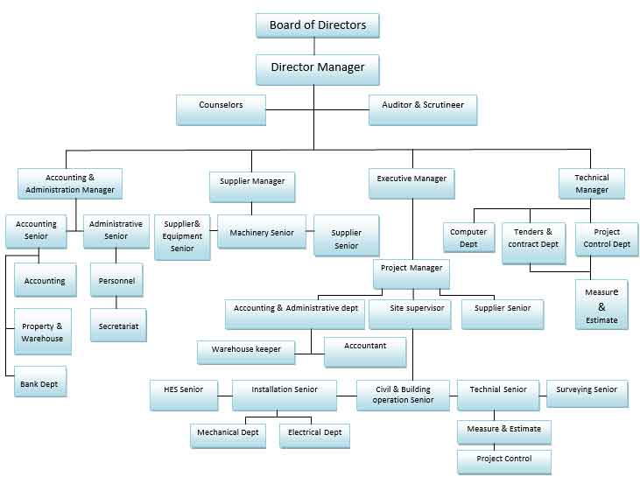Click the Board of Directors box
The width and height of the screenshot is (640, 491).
(x=317, y=25)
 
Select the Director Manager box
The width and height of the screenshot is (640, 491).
(x=317, y=68)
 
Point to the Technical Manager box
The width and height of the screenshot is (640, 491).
(x=592, y=184)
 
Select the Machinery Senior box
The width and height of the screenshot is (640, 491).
(x=262, y=233)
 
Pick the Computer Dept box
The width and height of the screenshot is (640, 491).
(x=468, y=238)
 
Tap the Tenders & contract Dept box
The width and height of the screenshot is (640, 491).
(x=533, y=238)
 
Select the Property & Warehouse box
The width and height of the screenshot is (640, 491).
(x=42, y=333)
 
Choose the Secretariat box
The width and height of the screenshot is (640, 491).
(x=118, y=326)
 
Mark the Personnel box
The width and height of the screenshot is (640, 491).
(x=116, y=281)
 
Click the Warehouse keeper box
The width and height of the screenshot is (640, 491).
(x=246, y=350)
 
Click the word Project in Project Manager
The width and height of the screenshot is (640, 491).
(x=397, y=268)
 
